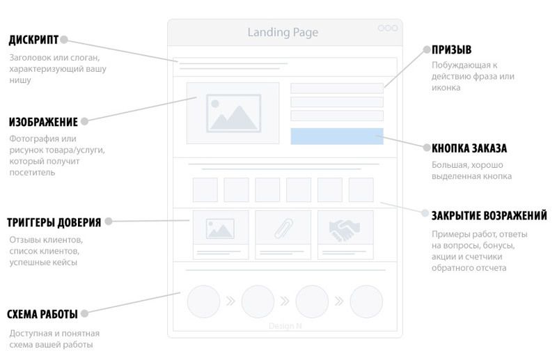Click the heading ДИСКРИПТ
33,40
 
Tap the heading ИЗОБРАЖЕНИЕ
43,122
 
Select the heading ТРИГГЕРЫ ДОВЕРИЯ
54,222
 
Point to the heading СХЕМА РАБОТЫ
42,314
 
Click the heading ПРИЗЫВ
451,49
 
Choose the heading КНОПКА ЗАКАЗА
469,148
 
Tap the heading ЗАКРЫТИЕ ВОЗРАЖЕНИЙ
489,216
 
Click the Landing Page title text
283,32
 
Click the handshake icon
344,230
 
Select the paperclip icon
284,228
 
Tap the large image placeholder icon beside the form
233,113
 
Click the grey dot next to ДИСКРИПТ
64,40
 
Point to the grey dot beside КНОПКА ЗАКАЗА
427,148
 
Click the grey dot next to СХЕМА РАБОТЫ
84,313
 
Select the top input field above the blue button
337,88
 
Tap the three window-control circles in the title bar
388,28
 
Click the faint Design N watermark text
285,326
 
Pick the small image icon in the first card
220,228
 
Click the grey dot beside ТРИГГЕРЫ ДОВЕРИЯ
109,221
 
